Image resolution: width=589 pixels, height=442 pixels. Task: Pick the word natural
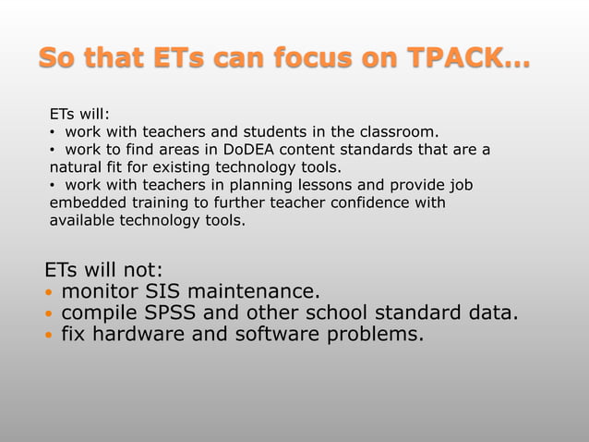click(76, 167)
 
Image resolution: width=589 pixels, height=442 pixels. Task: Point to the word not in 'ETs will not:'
click(138, 270)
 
